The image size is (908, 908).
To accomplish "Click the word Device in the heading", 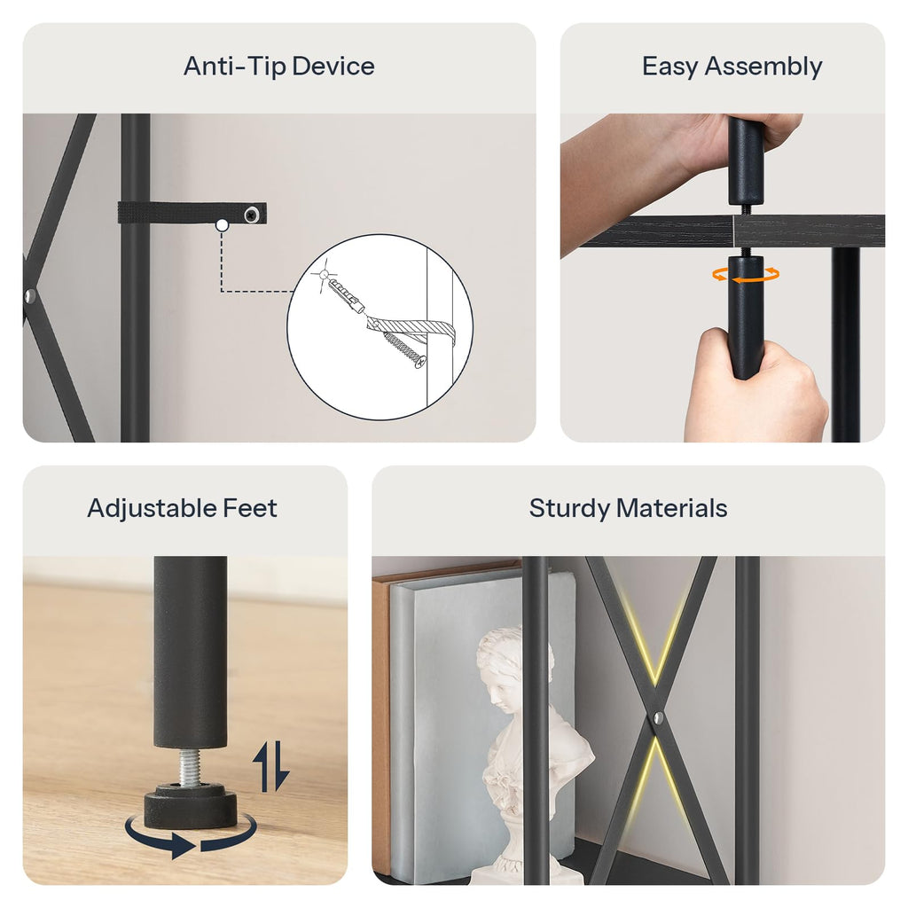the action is tap(333, 66).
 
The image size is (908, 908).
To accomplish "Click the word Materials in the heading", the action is tap(672, 508).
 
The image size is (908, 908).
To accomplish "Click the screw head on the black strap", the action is tap(251, 215).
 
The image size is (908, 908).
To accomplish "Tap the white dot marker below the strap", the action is tap(222, 226).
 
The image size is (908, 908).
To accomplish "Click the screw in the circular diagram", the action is tap(404, 350).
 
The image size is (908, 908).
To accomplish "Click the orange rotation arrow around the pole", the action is tap(746, 275).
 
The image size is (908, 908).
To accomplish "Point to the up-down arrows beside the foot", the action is tap(271, 765).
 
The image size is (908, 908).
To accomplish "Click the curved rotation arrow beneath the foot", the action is tap(191, 836).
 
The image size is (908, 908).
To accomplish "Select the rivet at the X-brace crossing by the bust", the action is tap(659, 718).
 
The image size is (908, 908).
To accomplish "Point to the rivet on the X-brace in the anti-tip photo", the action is tap(30, 297).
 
